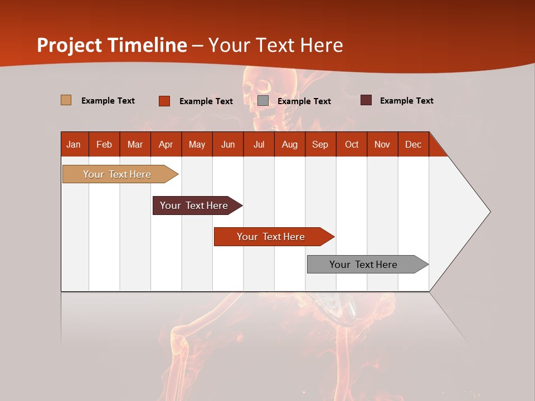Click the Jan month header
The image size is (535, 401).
point(74,144)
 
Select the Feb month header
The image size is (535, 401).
point(104,144)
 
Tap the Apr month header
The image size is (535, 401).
point(166,144)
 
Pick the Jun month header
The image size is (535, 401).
point(228,144)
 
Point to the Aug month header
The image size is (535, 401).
point(289,144)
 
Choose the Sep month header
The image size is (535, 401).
point(320,144)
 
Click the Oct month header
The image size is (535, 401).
point(352,144)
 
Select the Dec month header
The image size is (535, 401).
point(413,144)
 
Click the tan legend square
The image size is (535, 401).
point(66,100)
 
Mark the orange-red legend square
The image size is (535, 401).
point(164,101)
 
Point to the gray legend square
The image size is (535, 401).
point(263,100)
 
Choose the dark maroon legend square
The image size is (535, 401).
point(366,100)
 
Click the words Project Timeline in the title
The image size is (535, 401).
point(112,45)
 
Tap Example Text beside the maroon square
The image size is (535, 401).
point(406,101)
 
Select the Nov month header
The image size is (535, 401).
point(382,144)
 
